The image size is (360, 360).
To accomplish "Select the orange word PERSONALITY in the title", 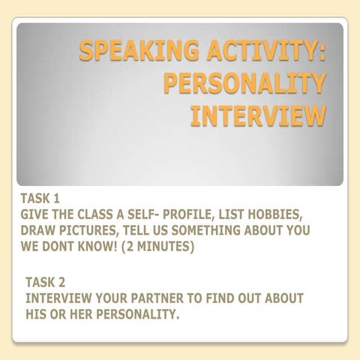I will click(245, 84).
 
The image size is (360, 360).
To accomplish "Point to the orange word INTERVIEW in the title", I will click(259, 116).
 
